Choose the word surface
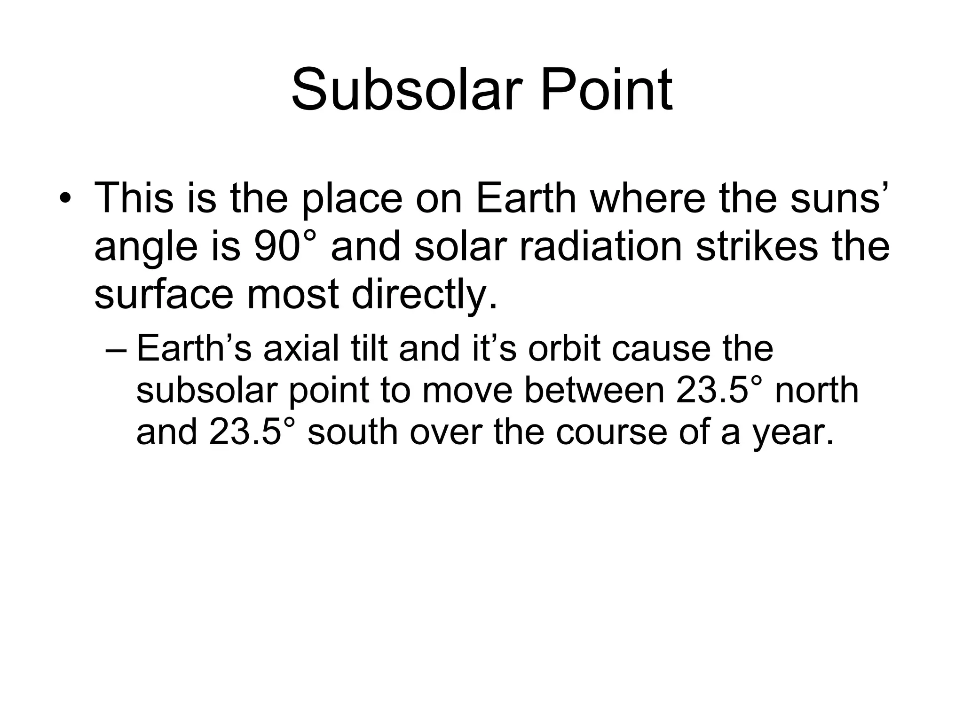[x=164, y=295]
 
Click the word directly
[x=424, y=295]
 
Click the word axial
[x=301, y=349]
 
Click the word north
[x=816, y=390]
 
